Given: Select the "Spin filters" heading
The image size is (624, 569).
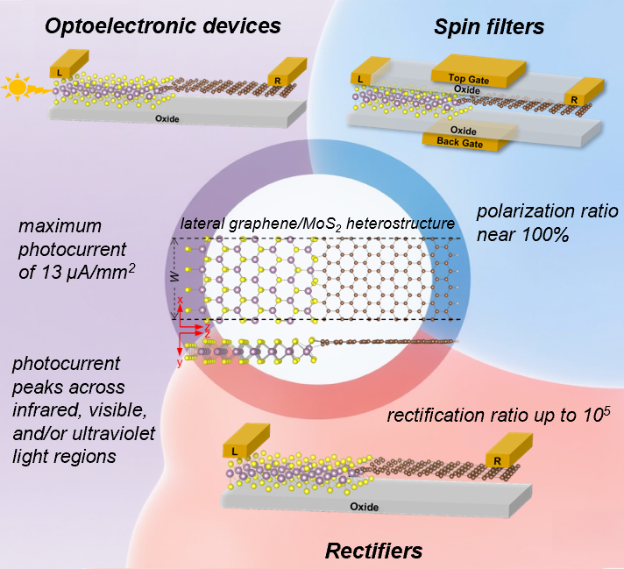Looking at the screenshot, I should [x=489, y=27].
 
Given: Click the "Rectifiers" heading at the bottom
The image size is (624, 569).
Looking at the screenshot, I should [x=373, y=551].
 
